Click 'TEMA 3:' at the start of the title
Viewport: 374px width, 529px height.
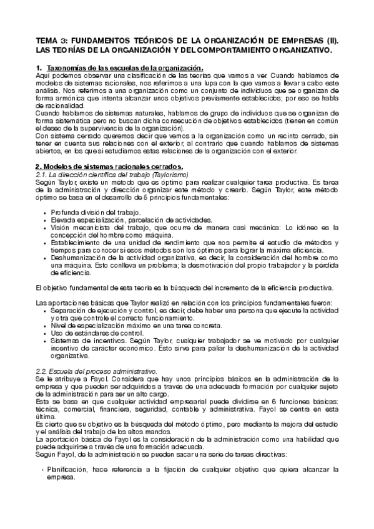coord(49,39)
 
